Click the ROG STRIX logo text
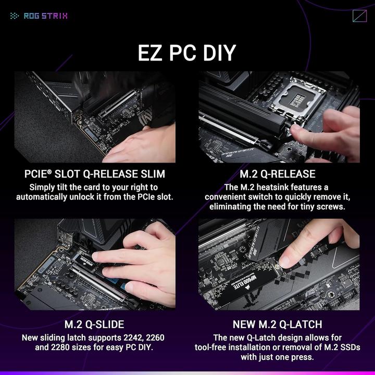(45, 16)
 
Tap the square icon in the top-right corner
(359, 16)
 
